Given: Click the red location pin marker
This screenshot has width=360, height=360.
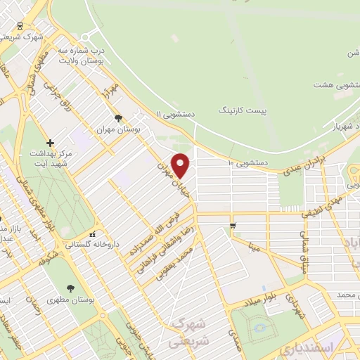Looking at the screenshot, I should tap(181, 165).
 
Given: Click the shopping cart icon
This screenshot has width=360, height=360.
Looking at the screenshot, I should tap(232, 225).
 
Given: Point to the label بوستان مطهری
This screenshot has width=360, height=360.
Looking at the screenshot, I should tap(71, 300).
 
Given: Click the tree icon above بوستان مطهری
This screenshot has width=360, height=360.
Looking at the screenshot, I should tap(70, 288).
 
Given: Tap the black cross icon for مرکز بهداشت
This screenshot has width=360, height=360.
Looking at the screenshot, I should tap(50, 143).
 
